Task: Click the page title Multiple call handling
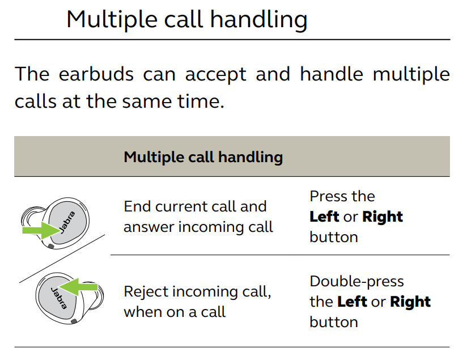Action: pos(186,20)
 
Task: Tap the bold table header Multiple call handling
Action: pos(203,157)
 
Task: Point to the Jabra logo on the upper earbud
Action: pos(67,222)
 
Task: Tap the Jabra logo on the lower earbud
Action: pos(59,298)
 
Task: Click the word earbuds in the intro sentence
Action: pos(96,74)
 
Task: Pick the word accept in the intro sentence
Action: pos(215,74)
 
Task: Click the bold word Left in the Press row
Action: pos(324,217)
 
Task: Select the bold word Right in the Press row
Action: pos(383,217)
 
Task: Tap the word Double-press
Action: pos(356,282)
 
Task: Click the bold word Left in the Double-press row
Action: pos(352,302)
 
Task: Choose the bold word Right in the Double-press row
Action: pos(410,302)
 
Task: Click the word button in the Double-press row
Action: pos(334,322)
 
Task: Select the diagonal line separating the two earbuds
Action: pos(62,259)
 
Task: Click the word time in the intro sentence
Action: pos(200,101)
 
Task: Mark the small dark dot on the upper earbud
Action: pos(50,246)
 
